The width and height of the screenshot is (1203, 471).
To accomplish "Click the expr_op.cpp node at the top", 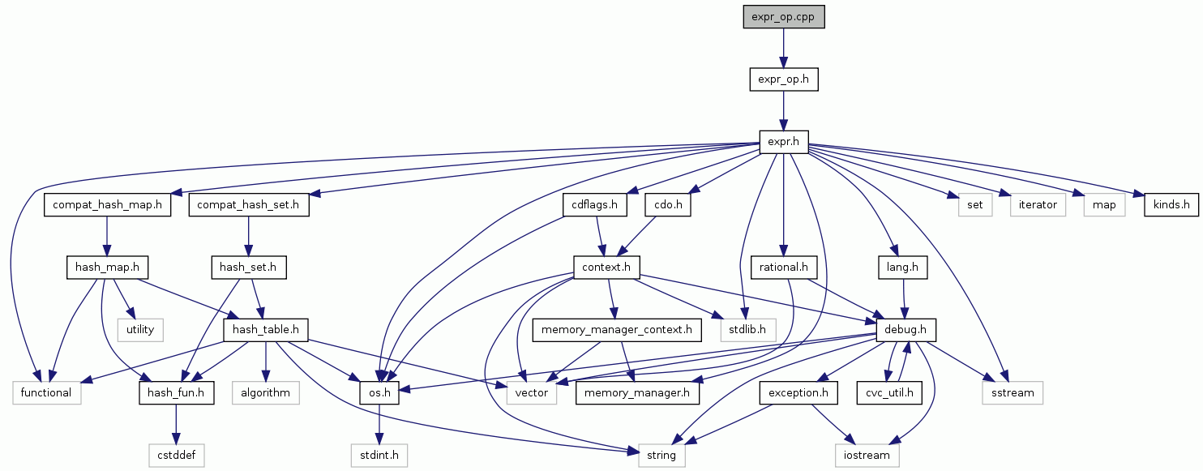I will coord(784,16).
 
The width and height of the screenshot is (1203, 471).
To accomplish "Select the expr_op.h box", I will coord(784,79).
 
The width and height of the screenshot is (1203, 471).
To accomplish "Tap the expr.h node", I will coord(784,143).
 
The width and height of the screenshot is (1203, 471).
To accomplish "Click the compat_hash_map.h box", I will coord(108,205).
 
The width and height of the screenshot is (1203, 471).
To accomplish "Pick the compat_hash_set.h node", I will coord(249,205).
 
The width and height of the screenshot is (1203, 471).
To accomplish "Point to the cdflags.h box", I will coord(595,205).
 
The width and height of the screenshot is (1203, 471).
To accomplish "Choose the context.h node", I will coord(607,267).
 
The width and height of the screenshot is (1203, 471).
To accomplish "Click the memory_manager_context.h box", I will coord(617,330).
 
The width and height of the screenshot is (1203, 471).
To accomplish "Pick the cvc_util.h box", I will coord(891,393).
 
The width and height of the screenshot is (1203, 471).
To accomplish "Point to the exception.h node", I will coord(798,393).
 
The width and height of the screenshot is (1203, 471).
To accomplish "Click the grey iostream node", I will coord(867,456).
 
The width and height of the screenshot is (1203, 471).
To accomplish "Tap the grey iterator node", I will coord(1038,205).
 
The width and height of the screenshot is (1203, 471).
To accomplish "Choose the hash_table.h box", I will coord(266,330).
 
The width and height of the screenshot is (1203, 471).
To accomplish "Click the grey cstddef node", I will coord(176,456).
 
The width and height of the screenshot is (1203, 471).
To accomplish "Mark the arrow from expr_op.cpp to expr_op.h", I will coord(784,48).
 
